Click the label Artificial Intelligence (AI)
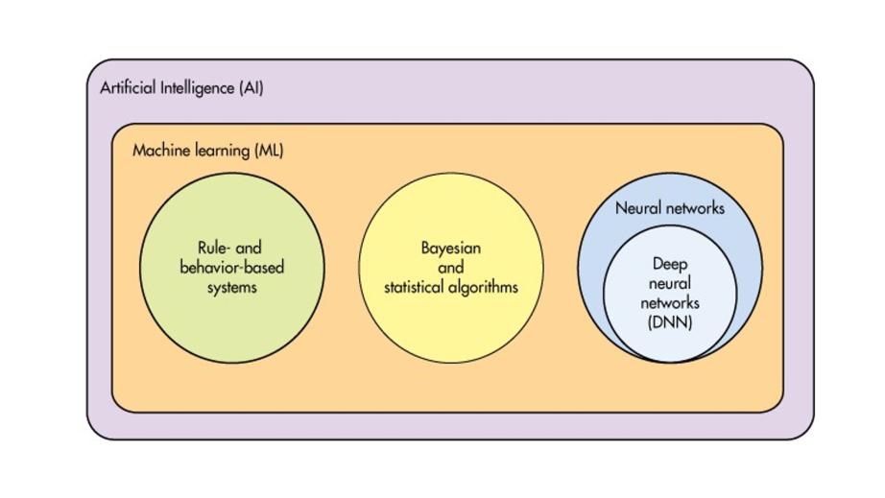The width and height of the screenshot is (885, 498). pos(181,88)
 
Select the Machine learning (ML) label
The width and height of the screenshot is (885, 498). pos(207,151)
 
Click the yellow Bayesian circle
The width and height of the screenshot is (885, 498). pos(451,326)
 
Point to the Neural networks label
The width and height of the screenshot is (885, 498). pos(669,207)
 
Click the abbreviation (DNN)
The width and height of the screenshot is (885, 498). pos(670,322)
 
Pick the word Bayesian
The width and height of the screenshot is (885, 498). pos(451,248)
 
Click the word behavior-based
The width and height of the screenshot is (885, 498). pos(232,267)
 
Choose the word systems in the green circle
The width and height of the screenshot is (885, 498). pos(232,286)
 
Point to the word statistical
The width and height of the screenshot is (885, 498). pos(415,286)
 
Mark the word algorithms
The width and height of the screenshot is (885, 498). pos(484,286)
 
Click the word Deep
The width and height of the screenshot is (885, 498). pos(670,264)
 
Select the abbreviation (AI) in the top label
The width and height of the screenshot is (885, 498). pos(251,88)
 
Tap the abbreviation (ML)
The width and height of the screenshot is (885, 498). pos(270,151)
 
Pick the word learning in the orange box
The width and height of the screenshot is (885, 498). pos(222,151)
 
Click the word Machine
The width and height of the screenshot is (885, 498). pos(159,151)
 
